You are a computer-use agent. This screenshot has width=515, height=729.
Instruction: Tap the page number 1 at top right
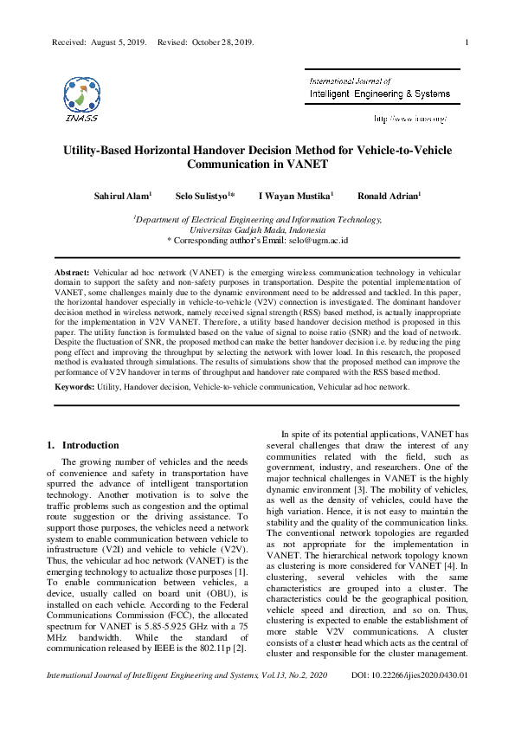(x=467, y=42)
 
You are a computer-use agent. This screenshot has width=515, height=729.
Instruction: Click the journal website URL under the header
(x=409, y=118)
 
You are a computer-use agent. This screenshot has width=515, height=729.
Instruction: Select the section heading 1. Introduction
(x=82, y=445)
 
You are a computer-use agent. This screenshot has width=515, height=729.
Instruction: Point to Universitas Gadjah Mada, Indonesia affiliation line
(x=257, y=230)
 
